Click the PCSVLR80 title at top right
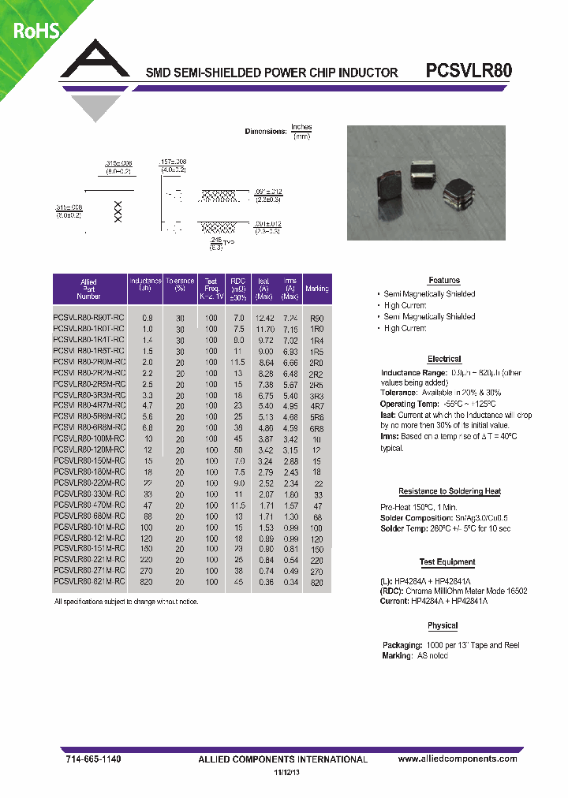point(469,70)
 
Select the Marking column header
point(316,289)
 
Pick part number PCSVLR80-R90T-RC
point(88,317)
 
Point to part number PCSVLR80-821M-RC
point(88,581)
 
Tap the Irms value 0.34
point(290,581)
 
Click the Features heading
point(443,280)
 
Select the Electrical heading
point(443,358)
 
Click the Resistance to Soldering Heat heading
point(449,491)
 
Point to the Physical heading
point(443,625)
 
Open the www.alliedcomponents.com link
point(458,759)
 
